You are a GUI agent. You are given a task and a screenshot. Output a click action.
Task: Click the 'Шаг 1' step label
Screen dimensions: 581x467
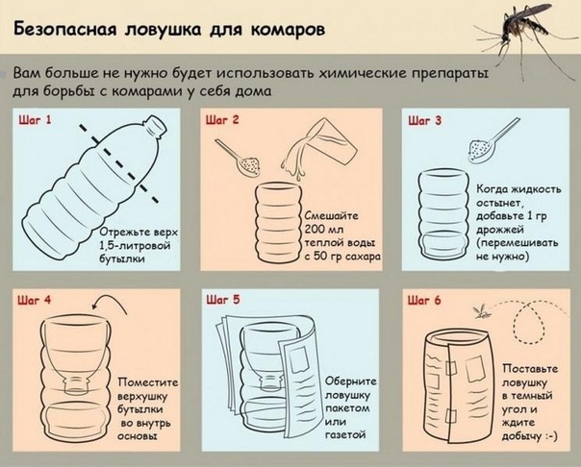pyautogui.click(x=35, y=120)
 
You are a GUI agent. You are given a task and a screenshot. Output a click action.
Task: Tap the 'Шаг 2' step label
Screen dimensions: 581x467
pyautogui.click(x=222, y=120)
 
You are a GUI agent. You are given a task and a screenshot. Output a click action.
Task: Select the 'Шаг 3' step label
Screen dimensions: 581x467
pyautogui.click(x=425, y=121)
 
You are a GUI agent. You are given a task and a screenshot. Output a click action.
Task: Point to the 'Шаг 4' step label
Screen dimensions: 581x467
pyautogui.click(x=34, y=300)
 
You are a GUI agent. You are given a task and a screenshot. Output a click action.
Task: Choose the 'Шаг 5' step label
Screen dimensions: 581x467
pyautogui.click(x=223, y=300)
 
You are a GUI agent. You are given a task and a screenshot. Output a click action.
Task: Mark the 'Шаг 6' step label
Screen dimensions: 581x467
pyautogui.click(x=424, y=300)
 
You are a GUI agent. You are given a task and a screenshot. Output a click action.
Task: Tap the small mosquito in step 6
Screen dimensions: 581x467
pyautogui.click(x=482, y=312)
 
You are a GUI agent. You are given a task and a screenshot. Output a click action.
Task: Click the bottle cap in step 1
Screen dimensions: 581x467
pyautogui.click(x=155, y=124)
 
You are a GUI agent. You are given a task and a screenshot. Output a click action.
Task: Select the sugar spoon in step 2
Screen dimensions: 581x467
pyautogui.click(x=239, y=157)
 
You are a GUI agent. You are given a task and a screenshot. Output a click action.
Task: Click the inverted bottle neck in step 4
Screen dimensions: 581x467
pyautogui.click(x=76, y=384)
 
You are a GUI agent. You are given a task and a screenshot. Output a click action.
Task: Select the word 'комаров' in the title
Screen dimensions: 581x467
pyautogui.click(x=288, y=30)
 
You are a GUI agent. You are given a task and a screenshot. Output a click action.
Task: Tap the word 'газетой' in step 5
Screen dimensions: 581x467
pyautogui.click(x=345, y=434)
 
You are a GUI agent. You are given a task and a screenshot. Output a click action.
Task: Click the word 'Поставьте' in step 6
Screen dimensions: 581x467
pyautogui.click(x=530, y=369)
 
